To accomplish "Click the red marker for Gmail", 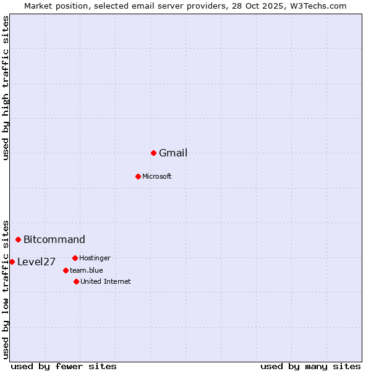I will [153, 153].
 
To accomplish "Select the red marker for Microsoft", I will [138, 176].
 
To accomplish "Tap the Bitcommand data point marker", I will [19, 239].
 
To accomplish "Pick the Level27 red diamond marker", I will [12, 262].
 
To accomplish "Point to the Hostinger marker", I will [75, 258].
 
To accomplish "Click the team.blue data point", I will [66, 270].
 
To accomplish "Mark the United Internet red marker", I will [76, 281].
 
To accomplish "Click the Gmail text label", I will [173, 153].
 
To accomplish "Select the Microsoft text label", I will [157, 176].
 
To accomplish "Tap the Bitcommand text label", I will [54, 240].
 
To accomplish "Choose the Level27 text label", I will [36, 262].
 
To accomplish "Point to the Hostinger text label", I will [95, 258].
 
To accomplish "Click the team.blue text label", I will [87, 270].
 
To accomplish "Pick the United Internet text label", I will [106, 281].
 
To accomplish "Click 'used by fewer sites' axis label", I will [64, 366].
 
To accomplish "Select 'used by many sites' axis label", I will [310, 366].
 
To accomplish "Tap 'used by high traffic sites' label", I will [6, 88].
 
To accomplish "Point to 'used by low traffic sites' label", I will [6, 289].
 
